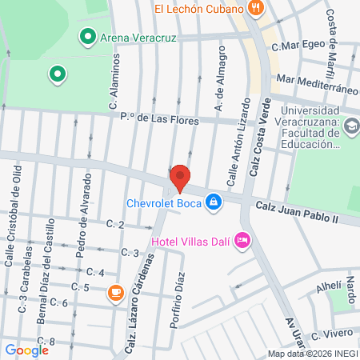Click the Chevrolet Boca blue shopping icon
pos(213,202)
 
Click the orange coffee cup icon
pos(116,294)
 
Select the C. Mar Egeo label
pos(296,47)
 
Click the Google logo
pos(27,350)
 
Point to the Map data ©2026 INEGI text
pos(312,354)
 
